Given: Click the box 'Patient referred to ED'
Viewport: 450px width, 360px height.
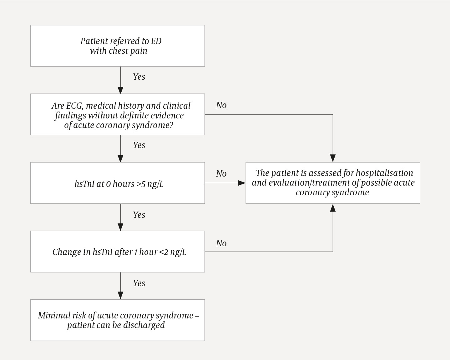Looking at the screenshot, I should pyautogui.click(x=117, y=46).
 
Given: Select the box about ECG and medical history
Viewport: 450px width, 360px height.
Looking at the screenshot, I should pyautogui.click(x=117, y=114).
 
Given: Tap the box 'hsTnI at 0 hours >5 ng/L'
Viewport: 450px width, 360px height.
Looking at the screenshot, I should pyautogui.click(x=117, y=183).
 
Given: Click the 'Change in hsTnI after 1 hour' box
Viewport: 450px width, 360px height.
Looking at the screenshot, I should pyautogui.click(x=117, y=252).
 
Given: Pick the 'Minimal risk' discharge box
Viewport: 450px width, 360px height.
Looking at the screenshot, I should pyautogui.click(x=117, y=320).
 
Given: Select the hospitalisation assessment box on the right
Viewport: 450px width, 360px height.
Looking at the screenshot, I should pyautogui.click(x=333, y=183).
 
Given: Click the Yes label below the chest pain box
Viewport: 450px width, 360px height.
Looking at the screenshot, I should pyautogui.click(x=139, y=77).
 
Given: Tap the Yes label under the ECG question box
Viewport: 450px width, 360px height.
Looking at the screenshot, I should pyautogui.click(x=139, y=145).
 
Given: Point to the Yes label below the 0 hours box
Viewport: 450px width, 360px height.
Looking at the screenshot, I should pyautogui.click(x=139, y=215).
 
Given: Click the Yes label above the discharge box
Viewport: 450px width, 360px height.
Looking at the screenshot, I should pyautogui.click(x=139, y=283).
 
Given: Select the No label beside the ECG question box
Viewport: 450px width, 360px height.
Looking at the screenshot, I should pyautogui.click(x=221, y=105).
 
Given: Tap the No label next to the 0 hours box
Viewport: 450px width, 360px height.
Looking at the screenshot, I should pyautogui.click(x=221, y=174).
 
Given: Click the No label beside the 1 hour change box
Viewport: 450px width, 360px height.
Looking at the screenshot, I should pyautogui.click(x=221, y=243).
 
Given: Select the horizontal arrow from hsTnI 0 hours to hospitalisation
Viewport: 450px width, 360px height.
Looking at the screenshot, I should pyautogui.click(x=225, y=183).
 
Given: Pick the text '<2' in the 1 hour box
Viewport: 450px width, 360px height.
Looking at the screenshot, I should pyautogui.click(x=164, y=252).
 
